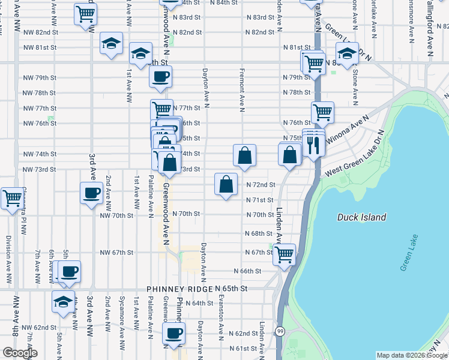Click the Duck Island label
pyautogui.click(x=361, y=217)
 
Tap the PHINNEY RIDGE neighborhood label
pyautogui.click(x=183, y=289)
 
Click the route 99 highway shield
pyautogui.click(x=280, y=331)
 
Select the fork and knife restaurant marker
pyautogui.click(x=313, y=144)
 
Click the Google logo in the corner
pyautogui.click(x=19, y=353)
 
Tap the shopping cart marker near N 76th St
pyautogui.click(x=322, y=111)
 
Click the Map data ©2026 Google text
pyautogui.click(x=412, y=355)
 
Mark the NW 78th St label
pyautogui.click(x=39, y=93)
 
